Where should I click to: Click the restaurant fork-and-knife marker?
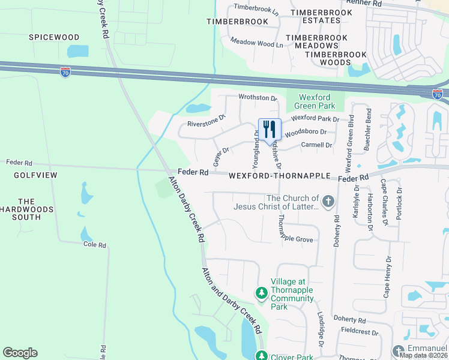coord(270,129)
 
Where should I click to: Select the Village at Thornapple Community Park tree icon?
coord(261,293)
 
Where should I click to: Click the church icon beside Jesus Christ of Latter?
coord(328,202)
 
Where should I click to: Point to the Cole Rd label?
coord(95,245)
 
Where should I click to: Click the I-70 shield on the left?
coord(65,72)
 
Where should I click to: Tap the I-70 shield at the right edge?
coord(438,94)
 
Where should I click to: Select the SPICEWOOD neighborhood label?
coord(54,37)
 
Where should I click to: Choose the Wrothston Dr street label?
coord(258,97)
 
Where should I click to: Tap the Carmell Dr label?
coord(316,145)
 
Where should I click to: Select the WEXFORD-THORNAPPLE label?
coord(280,176)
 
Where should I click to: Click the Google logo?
coord(20,353)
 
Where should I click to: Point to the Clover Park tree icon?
coord(261,355)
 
